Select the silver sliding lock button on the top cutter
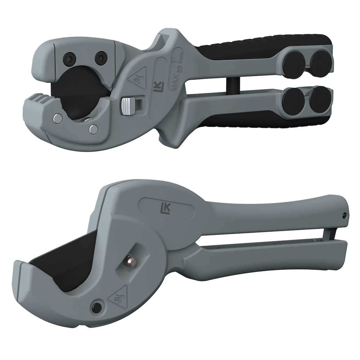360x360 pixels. click(128, 106)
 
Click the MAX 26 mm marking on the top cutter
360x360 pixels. click(177, 69)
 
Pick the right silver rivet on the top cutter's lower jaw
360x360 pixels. click(94, 129)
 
